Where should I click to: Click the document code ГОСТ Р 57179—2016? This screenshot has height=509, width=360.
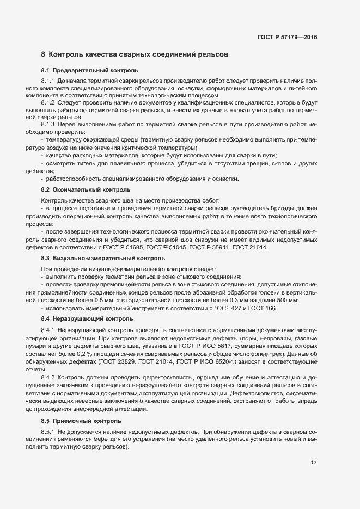[287, 38]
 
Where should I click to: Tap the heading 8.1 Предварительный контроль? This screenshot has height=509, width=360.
[90, 71]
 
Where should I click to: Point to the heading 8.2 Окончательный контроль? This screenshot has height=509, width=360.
[86, 189]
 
